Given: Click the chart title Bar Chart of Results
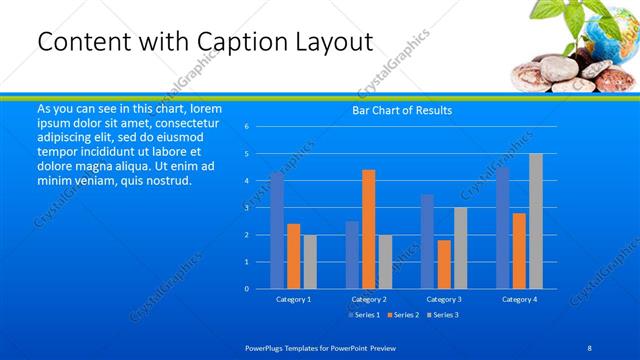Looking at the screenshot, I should [403, 111].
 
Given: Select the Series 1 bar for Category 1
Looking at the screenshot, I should [277, 231].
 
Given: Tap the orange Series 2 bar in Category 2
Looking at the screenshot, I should [369, 229].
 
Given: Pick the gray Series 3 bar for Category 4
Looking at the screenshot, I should [536, 221].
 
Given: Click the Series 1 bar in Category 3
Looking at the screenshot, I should [428, 241].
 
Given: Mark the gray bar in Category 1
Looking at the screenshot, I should [310, 261].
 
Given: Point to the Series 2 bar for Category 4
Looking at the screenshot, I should [519, 250].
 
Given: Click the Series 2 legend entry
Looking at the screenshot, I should [403, 315].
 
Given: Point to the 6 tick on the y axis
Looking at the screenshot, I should [246, 127].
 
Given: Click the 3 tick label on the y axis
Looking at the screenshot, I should [246, 208].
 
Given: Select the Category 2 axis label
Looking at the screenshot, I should [369, 299].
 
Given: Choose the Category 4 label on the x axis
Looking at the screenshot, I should [519, 299].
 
